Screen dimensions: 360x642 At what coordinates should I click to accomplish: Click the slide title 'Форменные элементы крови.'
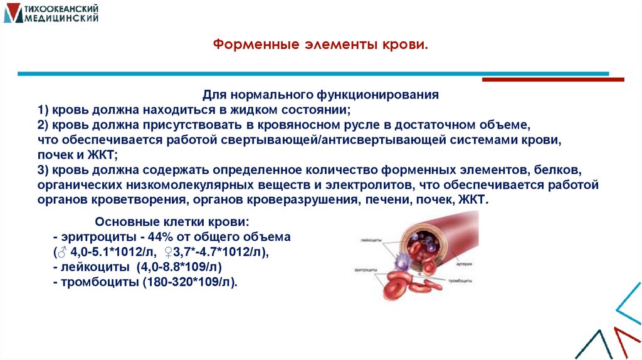[x=320, y=46]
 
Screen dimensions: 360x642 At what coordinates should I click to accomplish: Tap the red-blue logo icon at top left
[x=12, y=13]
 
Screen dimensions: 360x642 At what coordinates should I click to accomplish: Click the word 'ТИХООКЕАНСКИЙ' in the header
[x=59, y=8]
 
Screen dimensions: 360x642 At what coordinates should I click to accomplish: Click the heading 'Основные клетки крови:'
[x=172, y=223]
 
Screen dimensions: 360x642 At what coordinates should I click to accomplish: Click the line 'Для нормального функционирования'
[x=320, y=95]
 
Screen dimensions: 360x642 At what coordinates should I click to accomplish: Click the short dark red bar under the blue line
[x=552, y=80]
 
